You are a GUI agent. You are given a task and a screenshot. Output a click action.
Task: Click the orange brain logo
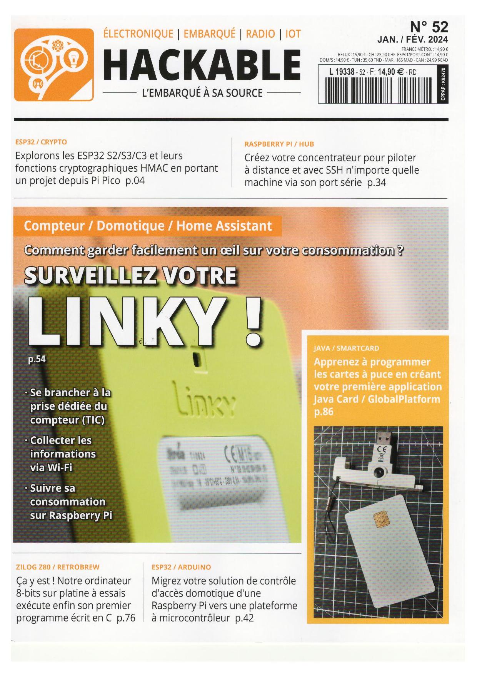point(54,65)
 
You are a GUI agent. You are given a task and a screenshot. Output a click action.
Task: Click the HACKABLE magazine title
point(202,65)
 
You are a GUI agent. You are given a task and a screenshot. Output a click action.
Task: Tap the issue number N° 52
point(429,27)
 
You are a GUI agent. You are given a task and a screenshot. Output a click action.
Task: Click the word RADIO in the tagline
point(260,34)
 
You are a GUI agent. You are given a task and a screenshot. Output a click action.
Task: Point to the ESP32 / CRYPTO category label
point(41,142)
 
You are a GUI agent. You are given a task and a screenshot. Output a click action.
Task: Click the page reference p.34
point(377,183)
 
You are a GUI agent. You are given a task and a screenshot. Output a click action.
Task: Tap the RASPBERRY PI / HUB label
point(279,144)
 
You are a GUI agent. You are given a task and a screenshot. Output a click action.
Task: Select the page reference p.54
point(37,359)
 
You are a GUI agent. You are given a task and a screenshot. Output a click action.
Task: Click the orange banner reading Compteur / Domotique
point(148,226)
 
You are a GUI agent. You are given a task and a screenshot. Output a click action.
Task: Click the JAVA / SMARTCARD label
point(347,348)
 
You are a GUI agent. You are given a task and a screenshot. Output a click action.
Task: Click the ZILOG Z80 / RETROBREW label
point(58,567)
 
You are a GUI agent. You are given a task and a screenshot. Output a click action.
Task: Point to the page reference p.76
point(126,618)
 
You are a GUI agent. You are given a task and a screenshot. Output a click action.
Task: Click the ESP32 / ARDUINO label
point(181,567)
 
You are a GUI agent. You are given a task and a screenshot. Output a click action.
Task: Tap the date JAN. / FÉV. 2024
point(412,39)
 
